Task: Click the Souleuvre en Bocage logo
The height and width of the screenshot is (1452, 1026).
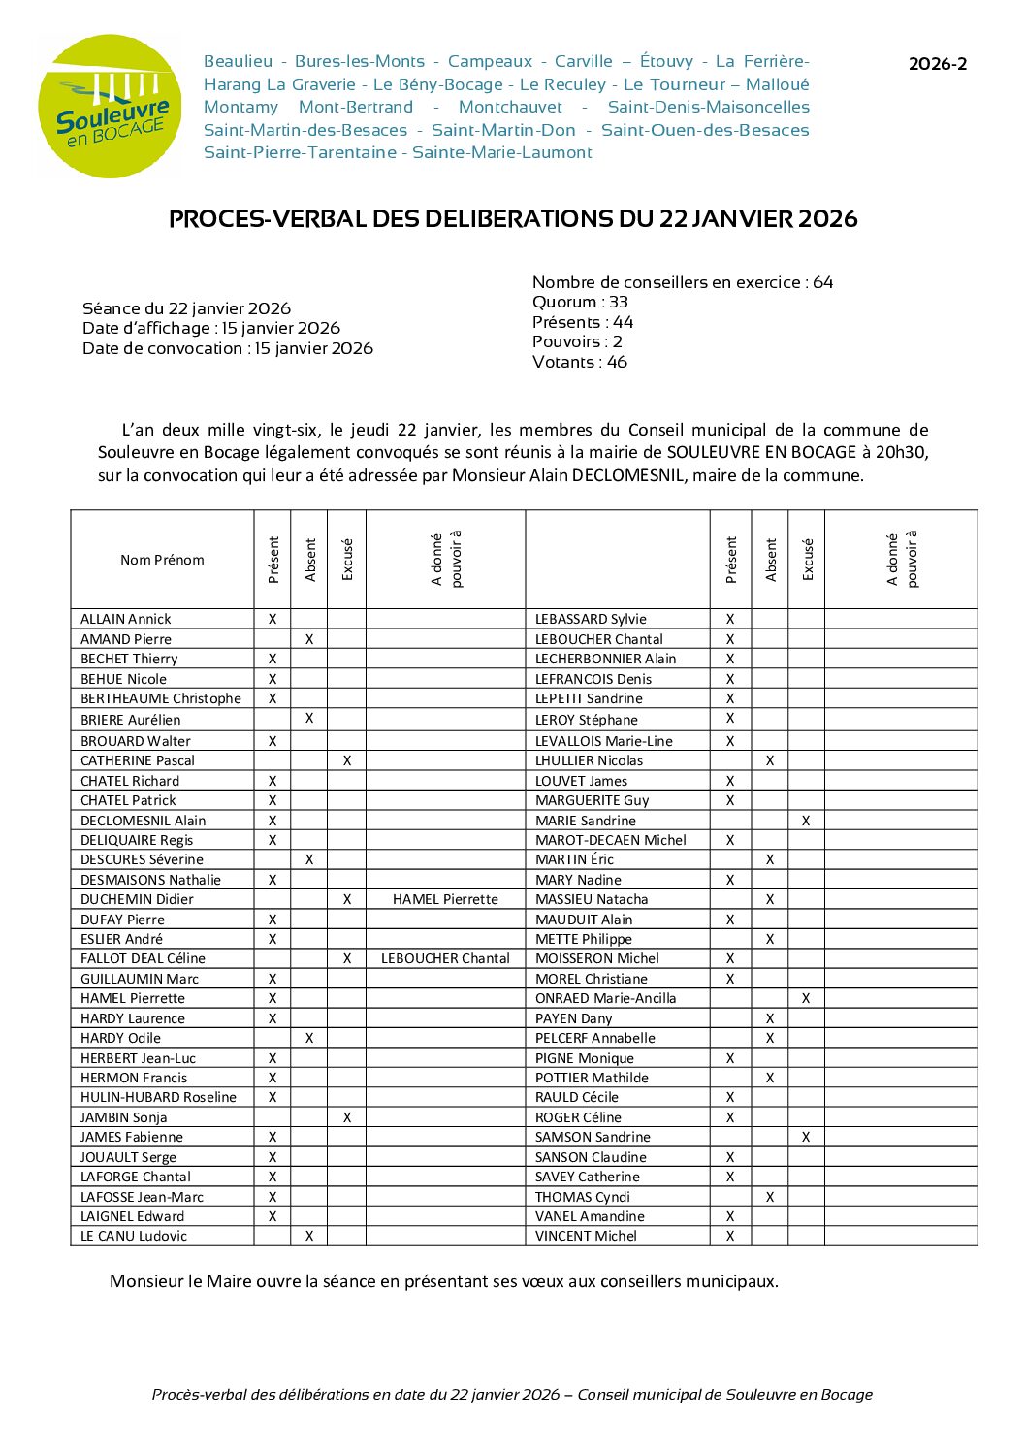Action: click(x=110, y=107)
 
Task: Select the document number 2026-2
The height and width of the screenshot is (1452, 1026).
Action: click(x=937, y=65)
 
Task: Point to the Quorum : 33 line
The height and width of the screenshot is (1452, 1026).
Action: click(x=580, y=303)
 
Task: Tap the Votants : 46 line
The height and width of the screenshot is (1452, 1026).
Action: click(x=579, y=363)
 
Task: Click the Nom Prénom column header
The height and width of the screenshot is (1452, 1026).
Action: click(x=162, y=560)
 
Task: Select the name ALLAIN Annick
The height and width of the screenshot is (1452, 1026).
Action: click(x=125, y=619)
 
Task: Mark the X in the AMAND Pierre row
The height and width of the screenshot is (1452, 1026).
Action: click(x=309, y=639)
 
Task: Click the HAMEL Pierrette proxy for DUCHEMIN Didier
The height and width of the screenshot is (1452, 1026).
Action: click(x=445, y=899)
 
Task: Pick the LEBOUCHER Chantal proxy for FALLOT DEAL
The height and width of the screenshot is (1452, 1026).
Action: click(x=445, y=958)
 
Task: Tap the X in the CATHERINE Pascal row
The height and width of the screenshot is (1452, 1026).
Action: click(x=347, y=760)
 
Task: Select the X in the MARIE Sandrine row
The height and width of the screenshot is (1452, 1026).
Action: click(x=806, y=821)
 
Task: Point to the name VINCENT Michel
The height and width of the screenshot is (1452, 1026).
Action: click(x=586, y=1236)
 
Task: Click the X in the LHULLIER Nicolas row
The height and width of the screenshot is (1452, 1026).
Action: click(x=770, y=760)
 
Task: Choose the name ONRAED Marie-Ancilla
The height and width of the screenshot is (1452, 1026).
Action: click(x=605, y=998)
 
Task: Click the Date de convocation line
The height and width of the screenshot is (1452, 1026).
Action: click(x=228, y=348)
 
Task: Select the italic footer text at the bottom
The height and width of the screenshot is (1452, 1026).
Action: click(x=512, y=1395)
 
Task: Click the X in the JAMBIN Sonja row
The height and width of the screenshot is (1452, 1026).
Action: click(x=347, y=1117)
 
